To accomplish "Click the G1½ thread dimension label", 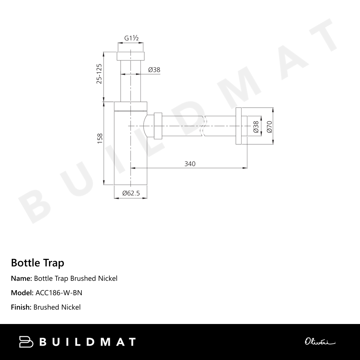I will pos(131,38).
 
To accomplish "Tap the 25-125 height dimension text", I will pos(99,74).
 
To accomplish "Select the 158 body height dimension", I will pos(100,139).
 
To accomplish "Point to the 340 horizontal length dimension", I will pos(190,164).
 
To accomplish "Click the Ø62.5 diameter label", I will pos(131,193).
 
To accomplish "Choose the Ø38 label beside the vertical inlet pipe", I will pos(154,70).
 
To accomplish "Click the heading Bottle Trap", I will pos(37,263).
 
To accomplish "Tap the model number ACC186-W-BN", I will pos(59,293).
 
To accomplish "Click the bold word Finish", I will pos(21,307).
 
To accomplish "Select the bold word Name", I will pos(21,278).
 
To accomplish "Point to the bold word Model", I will pos(22,293).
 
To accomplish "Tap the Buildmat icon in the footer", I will pos(26,342).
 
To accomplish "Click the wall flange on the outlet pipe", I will pos(238,126).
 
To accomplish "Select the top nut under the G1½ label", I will pos(131,56).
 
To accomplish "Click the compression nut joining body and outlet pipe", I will pos(158,126).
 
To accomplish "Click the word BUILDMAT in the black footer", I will pos(87,342).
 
